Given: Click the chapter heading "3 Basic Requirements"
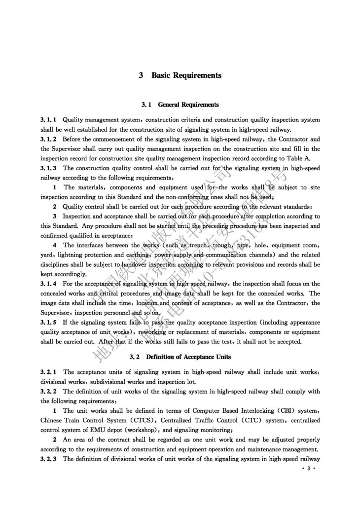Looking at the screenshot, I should (180, 75).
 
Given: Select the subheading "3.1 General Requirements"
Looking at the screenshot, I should (180, 105).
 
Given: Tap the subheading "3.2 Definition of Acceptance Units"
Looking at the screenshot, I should (180, 356).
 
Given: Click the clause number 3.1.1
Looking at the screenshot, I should (48, 119).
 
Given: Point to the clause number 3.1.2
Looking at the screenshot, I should (48, 139).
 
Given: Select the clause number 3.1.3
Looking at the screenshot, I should (48, 168).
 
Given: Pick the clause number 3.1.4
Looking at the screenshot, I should (48, 284).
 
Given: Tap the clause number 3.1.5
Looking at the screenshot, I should (48, 322).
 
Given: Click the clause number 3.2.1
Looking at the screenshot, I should (48, 371).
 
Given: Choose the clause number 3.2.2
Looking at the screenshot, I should (48, 391).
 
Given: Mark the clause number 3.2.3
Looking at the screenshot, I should (48, 459).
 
